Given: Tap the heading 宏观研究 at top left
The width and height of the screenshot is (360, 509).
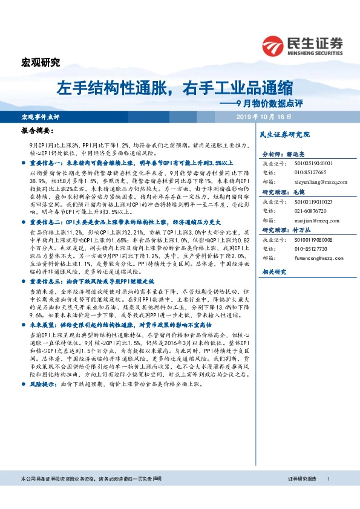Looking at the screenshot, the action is (x=41, y=62).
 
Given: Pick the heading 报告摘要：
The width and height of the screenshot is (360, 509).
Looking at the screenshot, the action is (x=38, y=130).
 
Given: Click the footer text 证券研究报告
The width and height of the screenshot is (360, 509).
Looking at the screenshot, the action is (x=301, y=496).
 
